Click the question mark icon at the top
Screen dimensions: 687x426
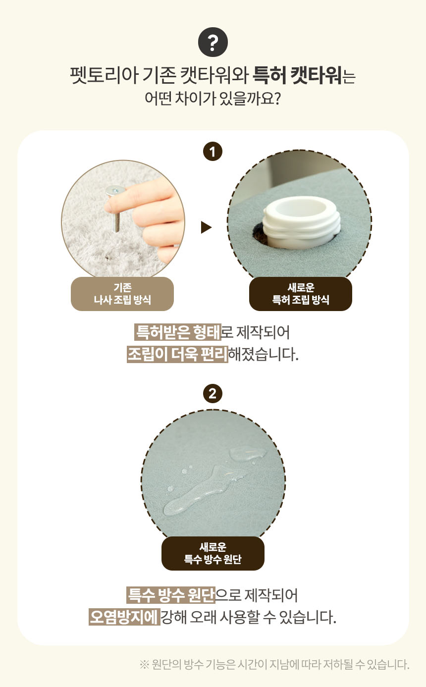pyautogui.click(x=213, y=44)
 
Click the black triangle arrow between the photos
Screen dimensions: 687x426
pyautogui.click(x=206, y=227)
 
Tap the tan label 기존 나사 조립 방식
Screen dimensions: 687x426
pyautogui.click(x=122, y=294)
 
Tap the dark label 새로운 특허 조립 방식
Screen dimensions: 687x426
pyautogui.click(x=301, y=294)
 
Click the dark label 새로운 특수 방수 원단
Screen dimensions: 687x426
pyautogui.click(x=213, y=553)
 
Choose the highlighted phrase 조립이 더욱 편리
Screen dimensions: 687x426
pyautogui.click(x=177, y=355)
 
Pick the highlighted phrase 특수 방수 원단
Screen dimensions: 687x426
pyautogui.click(x=171, y=595)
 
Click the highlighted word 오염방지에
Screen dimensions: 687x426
pyautogui.click(x=124, y=617)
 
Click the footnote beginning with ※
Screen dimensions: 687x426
pyautogui.click(x=274, y=664)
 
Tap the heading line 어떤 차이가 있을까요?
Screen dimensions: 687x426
pyautogui.click(x=213, y=98)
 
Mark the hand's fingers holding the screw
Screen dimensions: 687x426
pyautogui.click(x=159, y=218)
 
